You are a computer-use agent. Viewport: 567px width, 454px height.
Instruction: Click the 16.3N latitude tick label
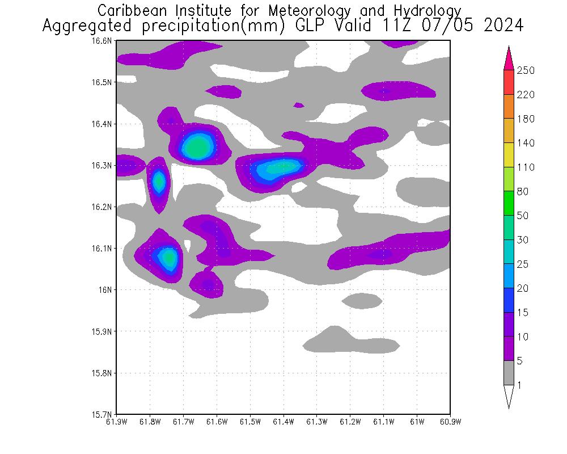(x=103, y=165)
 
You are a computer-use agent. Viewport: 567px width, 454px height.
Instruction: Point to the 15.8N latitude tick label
(x=103, y=373)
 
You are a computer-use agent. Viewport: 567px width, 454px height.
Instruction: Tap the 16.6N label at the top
(x=103, y=41)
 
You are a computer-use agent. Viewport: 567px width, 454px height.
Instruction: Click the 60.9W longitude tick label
(x=450, y=422)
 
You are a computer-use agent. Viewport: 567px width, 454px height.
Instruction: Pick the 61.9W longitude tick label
(x=116, y=422)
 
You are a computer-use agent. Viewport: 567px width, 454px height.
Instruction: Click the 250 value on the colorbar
(x=526, y=70)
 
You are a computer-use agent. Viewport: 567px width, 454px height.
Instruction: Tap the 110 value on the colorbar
(x=526, y=167)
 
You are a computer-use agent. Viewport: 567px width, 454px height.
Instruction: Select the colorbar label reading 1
(x=519, y=385)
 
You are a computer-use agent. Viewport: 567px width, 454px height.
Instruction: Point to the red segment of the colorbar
(x=509, y=82)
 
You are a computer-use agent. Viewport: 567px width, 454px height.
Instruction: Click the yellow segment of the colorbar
(x=509, y=155)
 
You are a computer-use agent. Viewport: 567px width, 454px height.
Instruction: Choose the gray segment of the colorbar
(x=509, y=373)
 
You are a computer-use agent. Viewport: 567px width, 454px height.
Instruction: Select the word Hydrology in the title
(x=426, y=10)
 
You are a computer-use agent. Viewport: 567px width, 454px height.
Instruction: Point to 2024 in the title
(x=503, y=26)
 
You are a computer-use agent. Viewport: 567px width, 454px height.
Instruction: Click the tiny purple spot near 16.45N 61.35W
(x=299, y=105)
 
